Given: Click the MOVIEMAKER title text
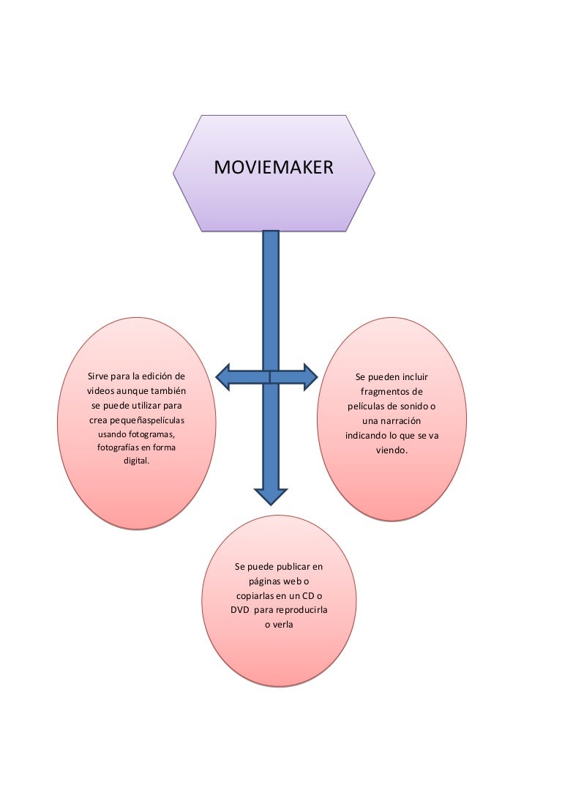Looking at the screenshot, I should [273, 168].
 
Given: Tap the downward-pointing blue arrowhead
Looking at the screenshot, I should [271, 495].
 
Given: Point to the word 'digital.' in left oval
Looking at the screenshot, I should [136, 461].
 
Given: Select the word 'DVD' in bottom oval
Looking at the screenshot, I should [241, 610].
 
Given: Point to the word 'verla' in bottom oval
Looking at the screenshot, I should [282, 625].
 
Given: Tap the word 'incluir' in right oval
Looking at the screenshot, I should [413, 377].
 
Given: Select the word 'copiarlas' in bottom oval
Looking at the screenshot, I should [255, 595].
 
